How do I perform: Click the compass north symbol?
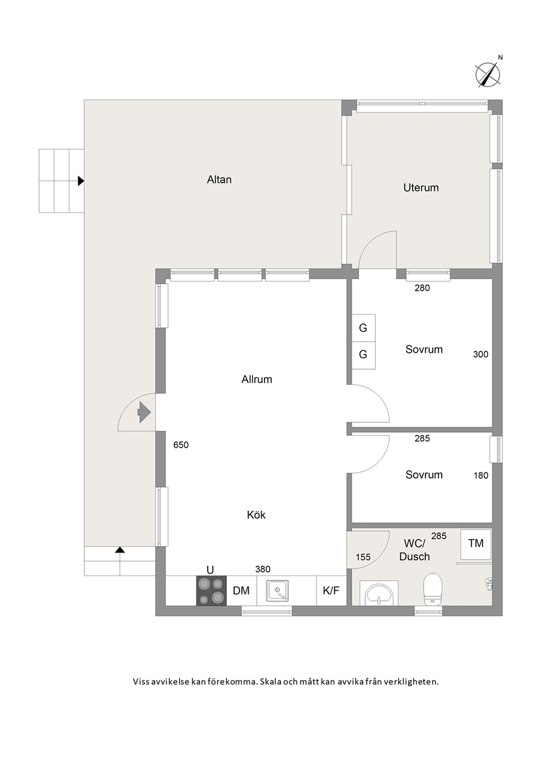[488, 74]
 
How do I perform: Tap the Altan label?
[219, 180]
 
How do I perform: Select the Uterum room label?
[421, 187]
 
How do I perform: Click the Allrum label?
[256, 379]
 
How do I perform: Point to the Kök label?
[256, 515]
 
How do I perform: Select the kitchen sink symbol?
[278, 591]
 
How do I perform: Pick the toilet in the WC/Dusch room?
[432, 589]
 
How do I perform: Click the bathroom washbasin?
[379, 593]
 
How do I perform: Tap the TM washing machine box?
[476, 543]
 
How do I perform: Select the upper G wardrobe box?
[363, 328]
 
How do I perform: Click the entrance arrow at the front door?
[144, 412]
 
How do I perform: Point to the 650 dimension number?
[181, 445]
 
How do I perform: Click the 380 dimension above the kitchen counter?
[263, 569]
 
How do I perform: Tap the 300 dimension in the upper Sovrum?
[480, 355]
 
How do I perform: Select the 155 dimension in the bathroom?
[363, 557]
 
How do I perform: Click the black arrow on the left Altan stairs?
[81, 181]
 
